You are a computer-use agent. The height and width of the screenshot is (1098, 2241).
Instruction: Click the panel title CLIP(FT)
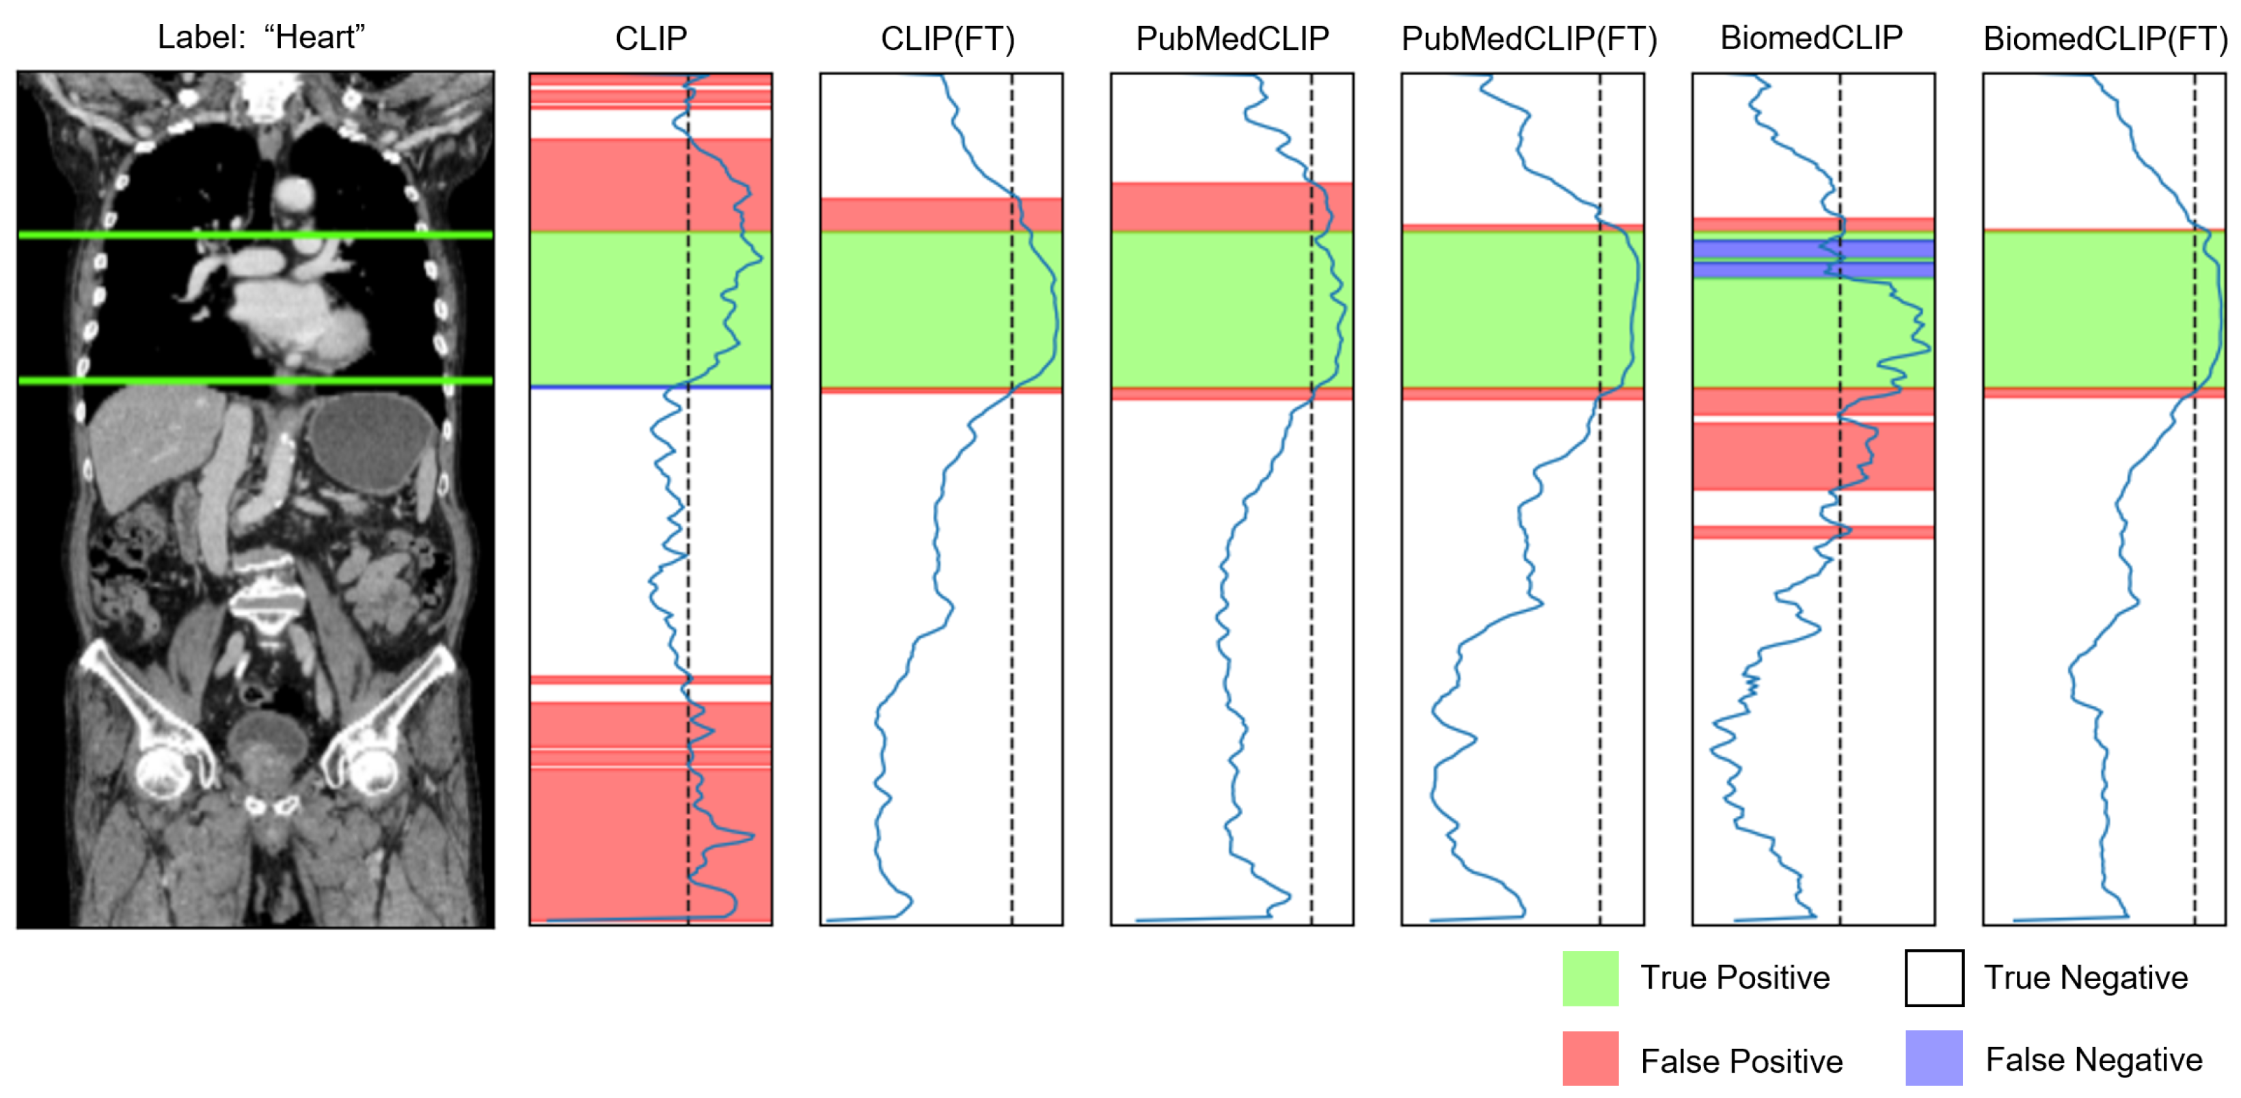click(947, 38)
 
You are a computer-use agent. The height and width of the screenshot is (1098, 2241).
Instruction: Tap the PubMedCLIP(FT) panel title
click(1528, 38)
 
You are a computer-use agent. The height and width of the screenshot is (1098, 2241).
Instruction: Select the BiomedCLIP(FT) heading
click(2104, 38)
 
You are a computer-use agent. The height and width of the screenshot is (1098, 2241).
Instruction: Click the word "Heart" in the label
click(314, 36)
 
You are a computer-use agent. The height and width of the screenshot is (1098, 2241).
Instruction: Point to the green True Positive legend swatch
click(1590, 978)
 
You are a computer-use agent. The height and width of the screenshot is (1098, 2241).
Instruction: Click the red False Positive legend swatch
click(1590, 1058)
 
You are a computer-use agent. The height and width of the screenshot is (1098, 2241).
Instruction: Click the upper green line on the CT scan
click(255, 234)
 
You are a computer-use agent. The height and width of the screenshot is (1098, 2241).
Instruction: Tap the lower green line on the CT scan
click(255, 380)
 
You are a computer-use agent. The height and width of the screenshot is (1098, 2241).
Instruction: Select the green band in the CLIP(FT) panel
click(914, 309)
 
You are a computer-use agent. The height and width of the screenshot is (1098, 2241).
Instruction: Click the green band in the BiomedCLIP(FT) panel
click(2088, 309)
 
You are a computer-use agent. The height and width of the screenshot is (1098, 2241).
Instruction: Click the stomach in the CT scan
click(370, 443)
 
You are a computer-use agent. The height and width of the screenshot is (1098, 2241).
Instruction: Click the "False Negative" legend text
click(2093, 1059)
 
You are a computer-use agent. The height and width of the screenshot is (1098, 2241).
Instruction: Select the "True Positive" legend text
click(1735, 977)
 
